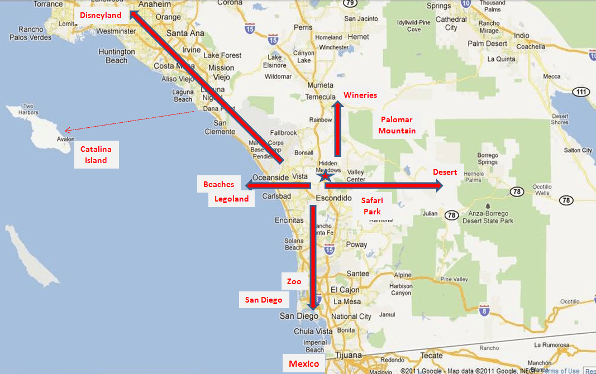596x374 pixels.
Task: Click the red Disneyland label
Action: [101, 15]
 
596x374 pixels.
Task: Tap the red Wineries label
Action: [360, 95]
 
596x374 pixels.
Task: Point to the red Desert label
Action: [445, 172]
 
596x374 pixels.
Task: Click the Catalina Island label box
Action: [96, 155]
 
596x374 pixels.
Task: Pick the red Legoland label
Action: [231, 199]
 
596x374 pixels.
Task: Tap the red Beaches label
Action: [218, 184]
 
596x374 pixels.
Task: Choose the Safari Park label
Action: [371, 205]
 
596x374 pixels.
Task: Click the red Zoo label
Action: [294, 281]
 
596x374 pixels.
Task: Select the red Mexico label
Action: [303, 364]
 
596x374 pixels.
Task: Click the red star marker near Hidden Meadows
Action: [325, 176]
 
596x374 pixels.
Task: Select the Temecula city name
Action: [320, 97]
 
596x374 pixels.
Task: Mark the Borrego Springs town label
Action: [487, 159]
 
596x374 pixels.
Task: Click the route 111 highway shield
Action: [581, 92]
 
